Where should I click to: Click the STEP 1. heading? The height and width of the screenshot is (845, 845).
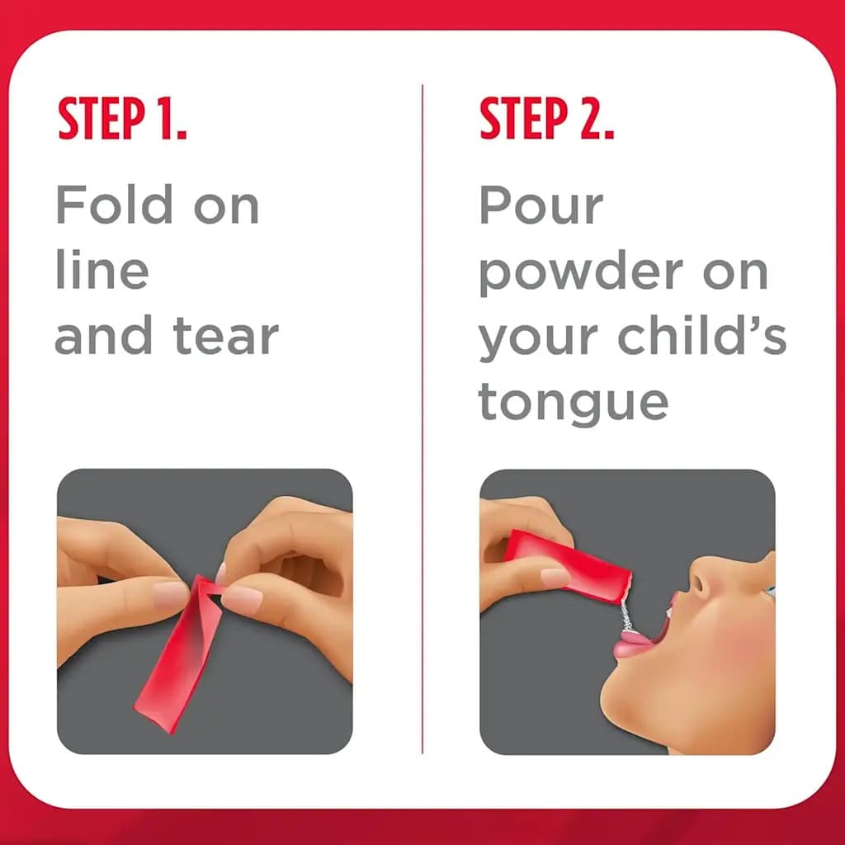click(122, 120)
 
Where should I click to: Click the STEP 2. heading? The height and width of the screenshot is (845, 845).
click(546, 120)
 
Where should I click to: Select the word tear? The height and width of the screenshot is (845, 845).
click(226, 337)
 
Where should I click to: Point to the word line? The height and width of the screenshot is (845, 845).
click(101, 271)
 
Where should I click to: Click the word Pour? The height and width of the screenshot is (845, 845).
click(541, 205)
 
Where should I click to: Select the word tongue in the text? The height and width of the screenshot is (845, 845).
click(573, 403)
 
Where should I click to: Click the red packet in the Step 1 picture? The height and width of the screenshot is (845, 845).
click(173, 660)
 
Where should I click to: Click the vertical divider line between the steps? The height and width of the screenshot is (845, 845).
click(422, 413)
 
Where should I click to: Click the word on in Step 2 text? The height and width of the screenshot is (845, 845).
click(735, 272)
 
